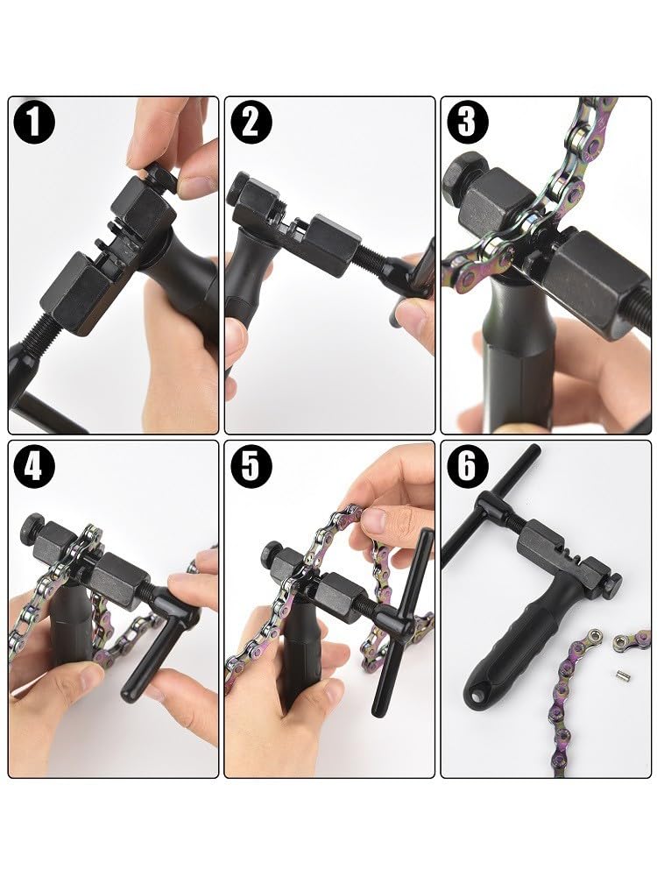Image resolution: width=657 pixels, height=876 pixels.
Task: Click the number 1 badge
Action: [33, 123]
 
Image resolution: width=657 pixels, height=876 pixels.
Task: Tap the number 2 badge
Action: [250, 123]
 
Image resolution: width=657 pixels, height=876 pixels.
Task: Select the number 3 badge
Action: [466, 123]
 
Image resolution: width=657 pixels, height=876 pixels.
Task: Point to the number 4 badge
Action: [33, 467]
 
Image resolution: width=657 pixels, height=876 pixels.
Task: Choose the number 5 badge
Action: [250, 467]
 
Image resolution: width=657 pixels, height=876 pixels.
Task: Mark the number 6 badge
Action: [466, 467]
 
